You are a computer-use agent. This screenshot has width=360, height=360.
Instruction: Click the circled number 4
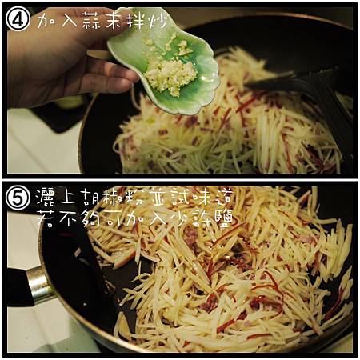pos(18,19)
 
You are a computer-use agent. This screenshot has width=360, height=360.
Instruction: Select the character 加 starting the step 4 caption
pos(47,19)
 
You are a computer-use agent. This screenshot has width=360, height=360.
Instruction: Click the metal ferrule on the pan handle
pos(39,284)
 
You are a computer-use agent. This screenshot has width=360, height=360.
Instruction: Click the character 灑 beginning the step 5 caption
pos(46,197)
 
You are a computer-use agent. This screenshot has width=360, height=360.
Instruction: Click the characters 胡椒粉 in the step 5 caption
pos(109,197)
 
